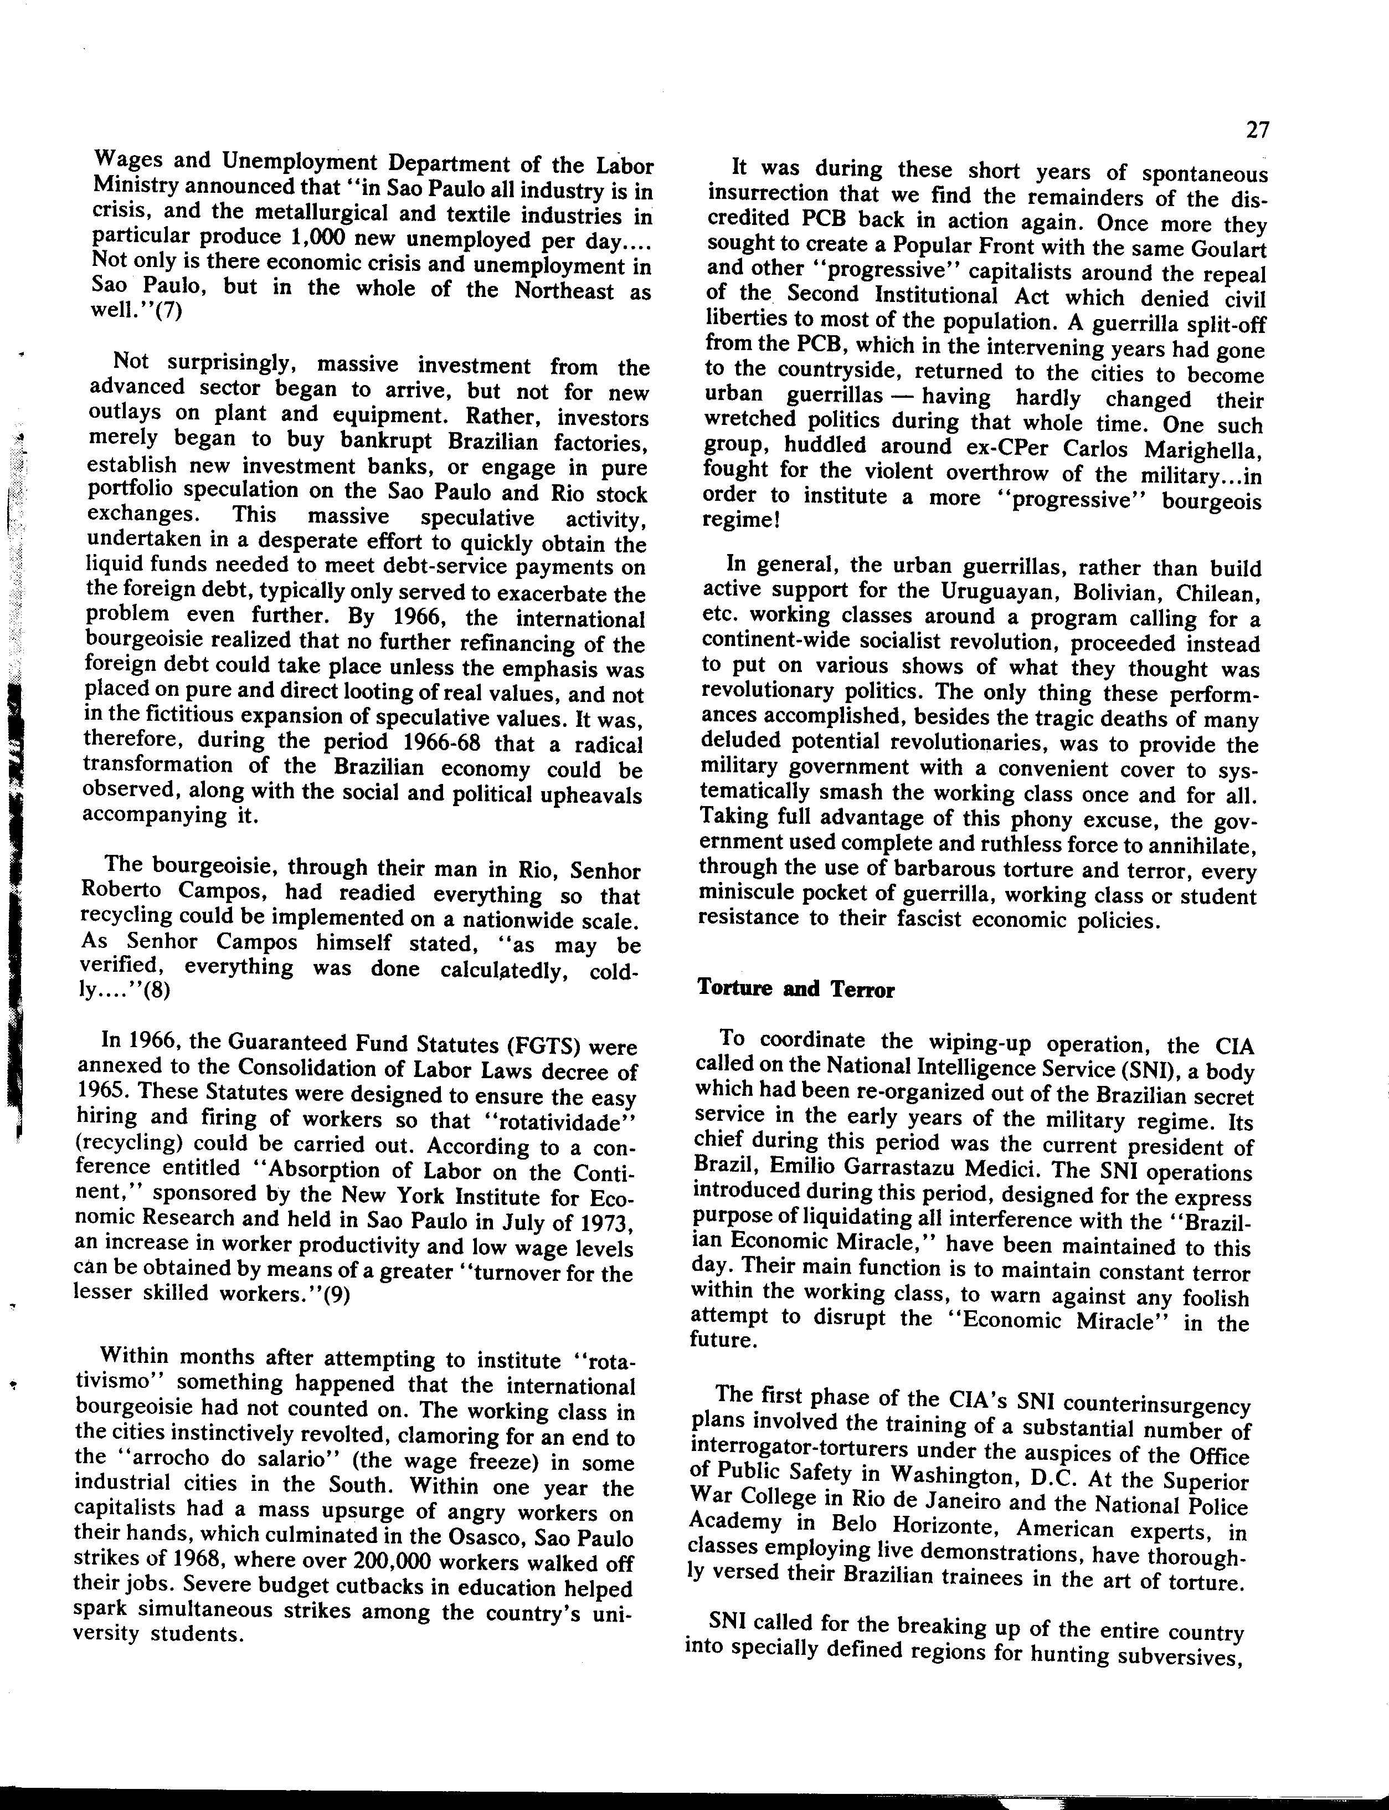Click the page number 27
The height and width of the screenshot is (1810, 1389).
[x=1257, y=131]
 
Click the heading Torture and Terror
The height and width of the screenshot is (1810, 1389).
[x=795, y=989]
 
